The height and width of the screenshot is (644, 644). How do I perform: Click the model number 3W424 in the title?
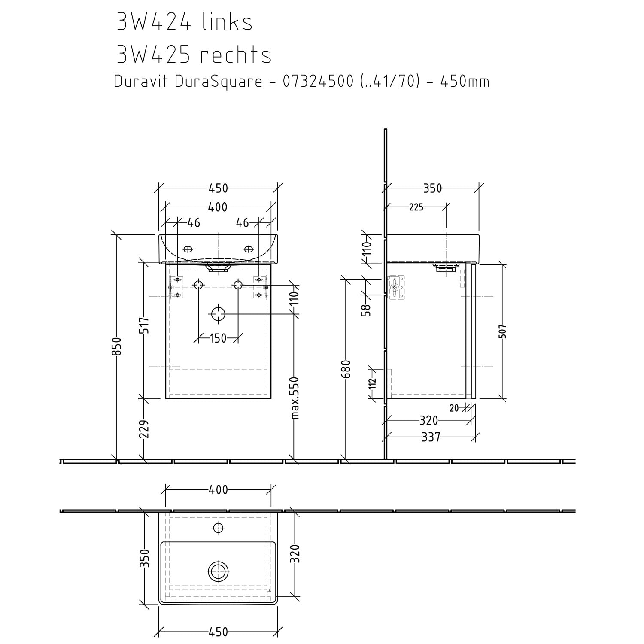[154, 22]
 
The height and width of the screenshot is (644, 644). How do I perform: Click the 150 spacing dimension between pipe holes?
[218, 338]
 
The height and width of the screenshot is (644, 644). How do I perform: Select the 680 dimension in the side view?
[347, 369]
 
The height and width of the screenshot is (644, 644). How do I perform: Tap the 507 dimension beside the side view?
[503, 331]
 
